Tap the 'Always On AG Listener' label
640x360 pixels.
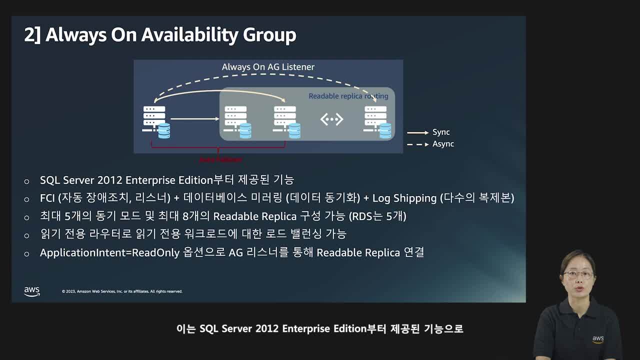coord(268,67)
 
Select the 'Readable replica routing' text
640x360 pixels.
coord(348,96)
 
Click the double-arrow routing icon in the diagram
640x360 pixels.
coord(331,119)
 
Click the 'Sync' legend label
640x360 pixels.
coord(441,132)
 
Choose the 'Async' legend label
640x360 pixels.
coord(443,144)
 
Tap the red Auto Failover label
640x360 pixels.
coord(220,159)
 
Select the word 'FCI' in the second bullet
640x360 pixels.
coord(47,198)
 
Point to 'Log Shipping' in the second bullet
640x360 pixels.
coord(404,198)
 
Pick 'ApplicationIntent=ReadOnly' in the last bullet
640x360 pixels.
coord(109,252)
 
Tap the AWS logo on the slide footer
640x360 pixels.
coord(32,291)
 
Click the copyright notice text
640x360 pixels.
coord(122,291)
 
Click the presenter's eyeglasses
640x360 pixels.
coord(578,274)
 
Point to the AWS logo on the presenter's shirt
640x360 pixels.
coord(598,339)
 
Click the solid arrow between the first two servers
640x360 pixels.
coord(194,119)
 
